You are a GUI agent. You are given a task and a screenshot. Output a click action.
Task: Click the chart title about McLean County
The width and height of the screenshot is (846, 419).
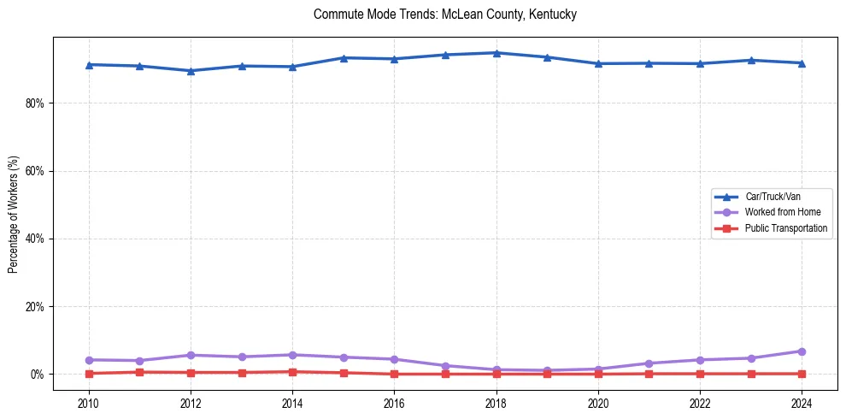[x=444, y=15]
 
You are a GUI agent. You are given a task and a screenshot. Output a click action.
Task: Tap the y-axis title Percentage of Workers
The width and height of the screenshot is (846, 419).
[x=13, y=215]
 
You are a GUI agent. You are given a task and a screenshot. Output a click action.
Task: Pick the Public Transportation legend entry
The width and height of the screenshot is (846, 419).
[x=785, y=228]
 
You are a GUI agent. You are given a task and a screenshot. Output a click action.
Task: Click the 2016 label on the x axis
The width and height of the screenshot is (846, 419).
[x=394, y=403]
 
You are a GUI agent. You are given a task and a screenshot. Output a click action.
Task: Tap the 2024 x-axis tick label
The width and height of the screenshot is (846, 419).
[x=802, y=403]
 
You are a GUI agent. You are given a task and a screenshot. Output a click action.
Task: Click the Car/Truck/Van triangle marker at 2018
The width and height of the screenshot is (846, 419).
[x=496, y=53]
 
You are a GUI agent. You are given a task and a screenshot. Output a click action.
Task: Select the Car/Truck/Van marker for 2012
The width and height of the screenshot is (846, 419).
[x=191, y=71]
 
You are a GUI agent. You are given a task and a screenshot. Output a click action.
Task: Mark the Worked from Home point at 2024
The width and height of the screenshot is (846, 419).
[x=802, y=351]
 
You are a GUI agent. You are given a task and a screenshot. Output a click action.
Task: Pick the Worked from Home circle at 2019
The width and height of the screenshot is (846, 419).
[x=547, y=370]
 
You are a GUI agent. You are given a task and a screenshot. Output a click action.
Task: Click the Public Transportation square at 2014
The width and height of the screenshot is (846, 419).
[x=292, y=372]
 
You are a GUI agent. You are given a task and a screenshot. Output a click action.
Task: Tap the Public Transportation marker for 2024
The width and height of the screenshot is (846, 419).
[x=802, y=374]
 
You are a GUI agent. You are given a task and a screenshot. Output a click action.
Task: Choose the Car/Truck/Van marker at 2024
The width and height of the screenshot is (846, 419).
[x=802, y=63]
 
